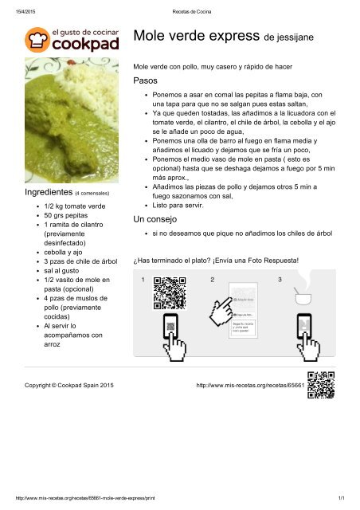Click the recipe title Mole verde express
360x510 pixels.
click(x=198, y=36)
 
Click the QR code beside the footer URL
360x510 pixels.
click(x=320, y=384)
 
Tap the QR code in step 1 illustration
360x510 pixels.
click(x=169, y=292)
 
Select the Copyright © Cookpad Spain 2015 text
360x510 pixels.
click(x=70, y=385)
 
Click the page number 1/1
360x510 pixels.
click(x=339, y=498)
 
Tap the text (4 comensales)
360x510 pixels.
click(x=92, y=194)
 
